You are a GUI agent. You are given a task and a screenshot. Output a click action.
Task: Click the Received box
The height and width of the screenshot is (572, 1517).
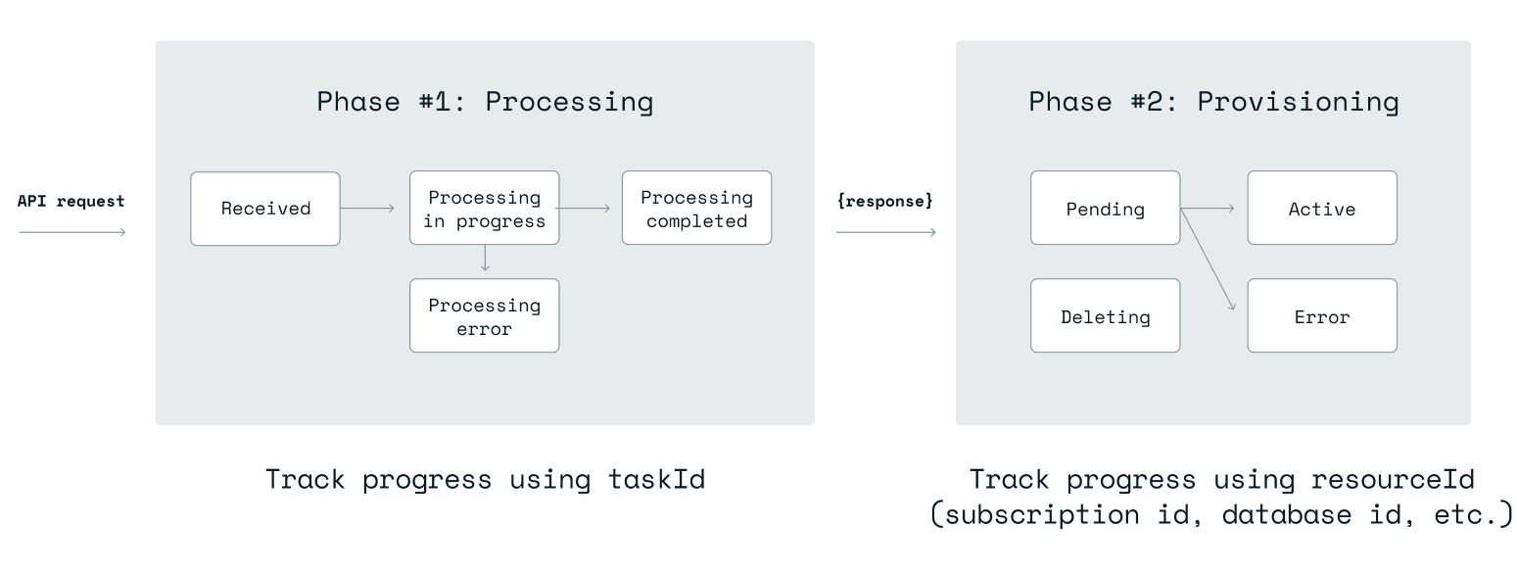265,209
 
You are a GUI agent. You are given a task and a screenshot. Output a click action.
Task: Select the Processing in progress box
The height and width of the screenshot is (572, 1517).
484,209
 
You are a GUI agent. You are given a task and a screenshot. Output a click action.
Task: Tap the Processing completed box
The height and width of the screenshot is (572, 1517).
696,209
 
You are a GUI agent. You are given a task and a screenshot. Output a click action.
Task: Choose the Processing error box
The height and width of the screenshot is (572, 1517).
484,316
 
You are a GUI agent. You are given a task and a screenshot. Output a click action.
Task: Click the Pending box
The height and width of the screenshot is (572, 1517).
1105,209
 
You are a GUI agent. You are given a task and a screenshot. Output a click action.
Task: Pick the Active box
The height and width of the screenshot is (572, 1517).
1321,209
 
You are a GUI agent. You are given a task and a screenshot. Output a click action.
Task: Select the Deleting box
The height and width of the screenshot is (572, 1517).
1105,316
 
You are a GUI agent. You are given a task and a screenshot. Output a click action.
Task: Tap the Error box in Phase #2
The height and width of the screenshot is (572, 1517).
1321,316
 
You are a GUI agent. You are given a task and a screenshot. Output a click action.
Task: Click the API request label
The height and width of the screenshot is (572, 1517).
71,202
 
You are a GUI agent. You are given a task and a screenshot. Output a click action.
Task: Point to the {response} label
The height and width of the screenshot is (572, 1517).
885,202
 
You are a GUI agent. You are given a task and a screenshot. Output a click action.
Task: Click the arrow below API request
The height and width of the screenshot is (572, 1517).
72,232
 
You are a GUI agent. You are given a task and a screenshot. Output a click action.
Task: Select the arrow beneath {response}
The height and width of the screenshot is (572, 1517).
885,232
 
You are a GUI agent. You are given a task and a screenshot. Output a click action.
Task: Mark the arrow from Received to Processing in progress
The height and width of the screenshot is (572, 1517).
367,209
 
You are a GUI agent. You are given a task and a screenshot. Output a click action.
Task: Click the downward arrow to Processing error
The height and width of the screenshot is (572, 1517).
485,259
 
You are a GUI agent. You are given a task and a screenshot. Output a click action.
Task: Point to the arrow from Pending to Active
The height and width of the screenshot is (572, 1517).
1209,209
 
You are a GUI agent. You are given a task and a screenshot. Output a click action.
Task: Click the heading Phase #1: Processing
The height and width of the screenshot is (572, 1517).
485,102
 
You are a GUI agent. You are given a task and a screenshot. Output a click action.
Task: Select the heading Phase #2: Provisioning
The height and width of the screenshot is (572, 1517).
1213,102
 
